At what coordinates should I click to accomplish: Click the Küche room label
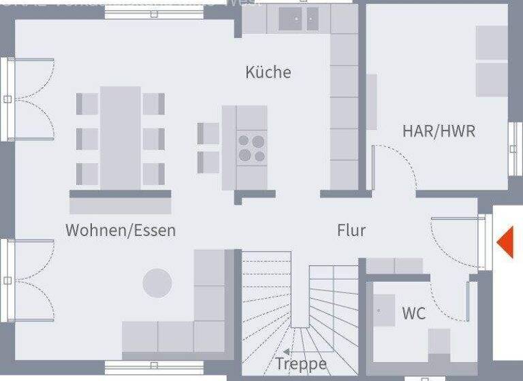tap(268, 72)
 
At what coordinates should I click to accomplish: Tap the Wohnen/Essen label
tap(121, 230)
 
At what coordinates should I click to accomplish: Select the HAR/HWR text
tap(439, 131)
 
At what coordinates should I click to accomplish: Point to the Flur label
tap(351, 230)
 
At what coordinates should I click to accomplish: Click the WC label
tap(413, 313)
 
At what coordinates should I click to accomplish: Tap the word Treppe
tap(300, 363)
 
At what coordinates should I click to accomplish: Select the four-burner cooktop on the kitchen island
tap(251, 149)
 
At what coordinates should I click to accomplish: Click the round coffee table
tap(157, 283)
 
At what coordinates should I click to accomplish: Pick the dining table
tap(121, 138)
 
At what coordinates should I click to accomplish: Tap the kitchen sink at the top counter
tap(298, 21)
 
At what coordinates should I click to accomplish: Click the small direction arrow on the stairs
tap(287, 351)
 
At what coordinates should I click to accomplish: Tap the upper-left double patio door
tap(30, 99)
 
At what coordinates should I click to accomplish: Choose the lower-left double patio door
tap(30, 280)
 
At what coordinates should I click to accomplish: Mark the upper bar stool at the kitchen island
tap(208, 133)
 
